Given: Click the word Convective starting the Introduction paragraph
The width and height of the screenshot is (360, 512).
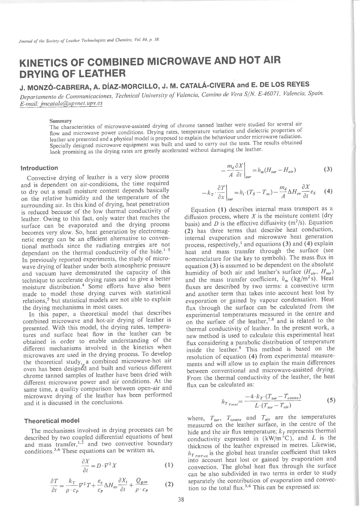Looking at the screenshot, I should tap(40, 177).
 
